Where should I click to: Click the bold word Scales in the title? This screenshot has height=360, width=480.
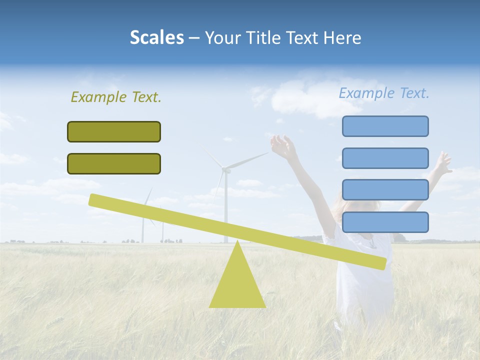pyautogui.click(x=156, y=37)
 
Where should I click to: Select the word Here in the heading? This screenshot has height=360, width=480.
pyautogui.click(x=342, y=37)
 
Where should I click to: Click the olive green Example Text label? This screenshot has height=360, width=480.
pyautogui.click(x=116, y=97)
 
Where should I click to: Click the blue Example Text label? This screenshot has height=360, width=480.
pyautogui.click(x=384, y=93)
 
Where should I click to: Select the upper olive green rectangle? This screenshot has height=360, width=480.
pyautogui.click(x=114, y=131)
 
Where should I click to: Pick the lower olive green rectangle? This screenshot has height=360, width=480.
pyautogui.click(x=114, y=163)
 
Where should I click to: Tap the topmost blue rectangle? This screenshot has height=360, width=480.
pyautogui.click(x=385, y=126)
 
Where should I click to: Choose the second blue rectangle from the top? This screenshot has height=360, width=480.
pyautogui.click(x=385, y=158)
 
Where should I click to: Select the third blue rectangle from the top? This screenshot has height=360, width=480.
pyautogui.click(x=385, y=190)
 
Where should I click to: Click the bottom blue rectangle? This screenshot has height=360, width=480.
pyautogui.click(x=385, y=222)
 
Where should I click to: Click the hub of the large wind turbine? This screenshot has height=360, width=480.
pyautogui.click(x=225, y=170)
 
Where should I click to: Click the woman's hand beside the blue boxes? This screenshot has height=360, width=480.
pyautogui.click(x=442, y=162)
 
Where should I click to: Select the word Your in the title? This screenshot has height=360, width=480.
pyautogui.click(x=222, y=37)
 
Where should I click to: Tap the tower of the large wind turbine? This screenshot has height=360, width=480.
pyautogui.click(x=225, y=210)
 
